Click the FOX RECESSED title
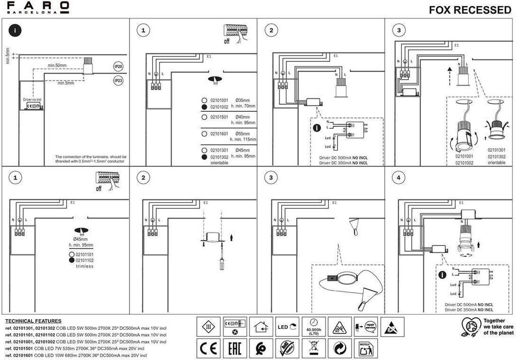470,10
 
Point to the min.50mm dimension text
57,66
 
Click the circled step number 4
399,178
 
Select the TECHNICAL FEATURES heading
33,321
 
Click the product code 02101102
84,260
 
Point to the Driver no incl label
33,100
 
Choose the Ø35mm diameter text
243,100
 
